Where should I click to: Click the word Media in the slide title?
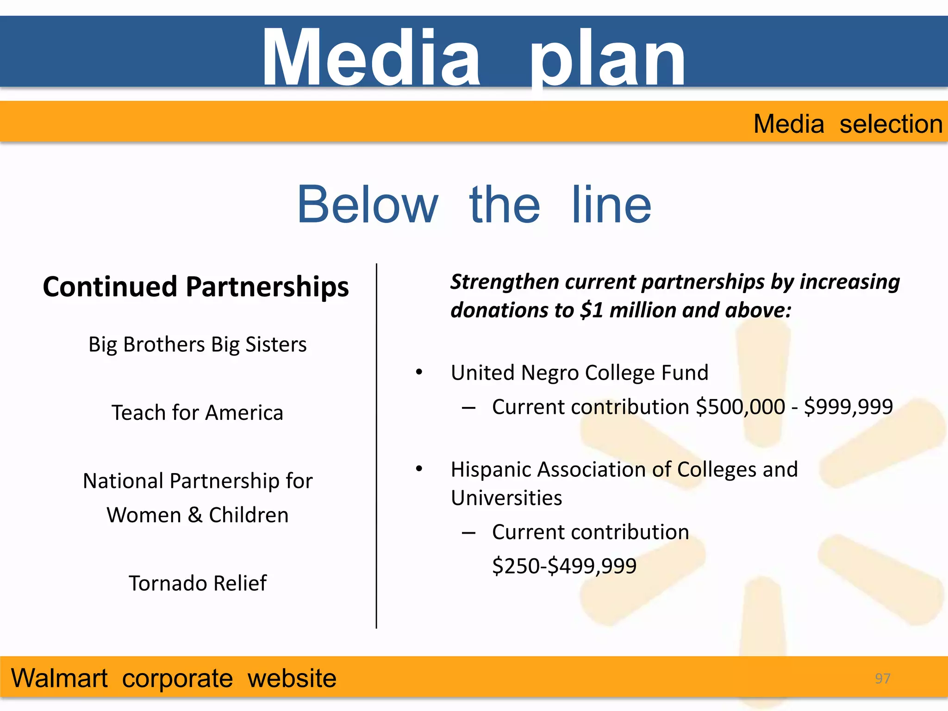(x=371, y=58)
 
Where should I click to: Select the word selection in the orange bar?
(x=891, y=124)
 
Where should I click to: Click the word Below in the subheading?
(x=368, y=205)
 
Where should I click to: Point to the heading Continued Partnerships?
(x=196, y=287)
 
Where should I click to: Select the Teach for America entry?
(x=198, y=412)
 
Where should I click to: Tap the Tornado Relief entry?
(x=198, y=583)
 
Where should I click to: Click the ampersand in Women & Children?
(x=195, y=515)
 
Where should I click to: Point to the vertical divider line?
(x=376, y=444)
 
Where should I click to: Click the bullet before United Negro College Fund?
(x=419, y=372)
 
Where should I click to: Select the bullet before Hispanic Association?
(x=419, y=469)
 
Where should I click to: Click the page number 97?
(x=882, y=678)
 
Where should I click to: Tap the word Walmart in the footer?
(x=59, y=679)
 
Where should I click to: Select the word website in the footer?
(x=292, y=679)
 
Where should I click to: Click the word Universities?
(x=506, y=498)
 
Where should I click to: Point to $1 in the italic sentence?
(x=592, y=310)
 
